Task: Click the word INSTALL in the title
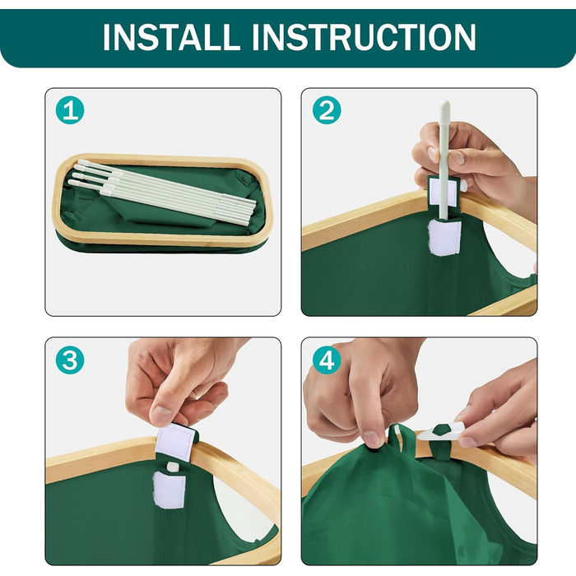click(171, 37)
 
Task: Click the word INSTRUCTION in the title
click(364, 37)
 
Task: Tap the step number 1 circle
click(70, 110)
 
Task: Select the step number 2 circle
click(327, 110)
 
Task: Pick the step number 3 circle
click(70, 360)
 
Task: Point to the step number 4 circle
click(327, 360)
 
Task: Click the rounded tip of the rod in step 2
click(444, 105)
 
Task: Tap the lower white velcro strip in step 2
click(444, 237)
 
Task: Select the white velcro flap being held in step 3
click(174, 443)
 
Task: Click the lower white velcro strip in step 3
click(170, 490)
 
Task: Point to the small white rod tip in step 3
click(173, 467)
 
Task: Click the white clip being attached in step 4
click(442, 431)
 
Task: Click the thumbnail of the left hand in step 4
click(371, 437)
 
